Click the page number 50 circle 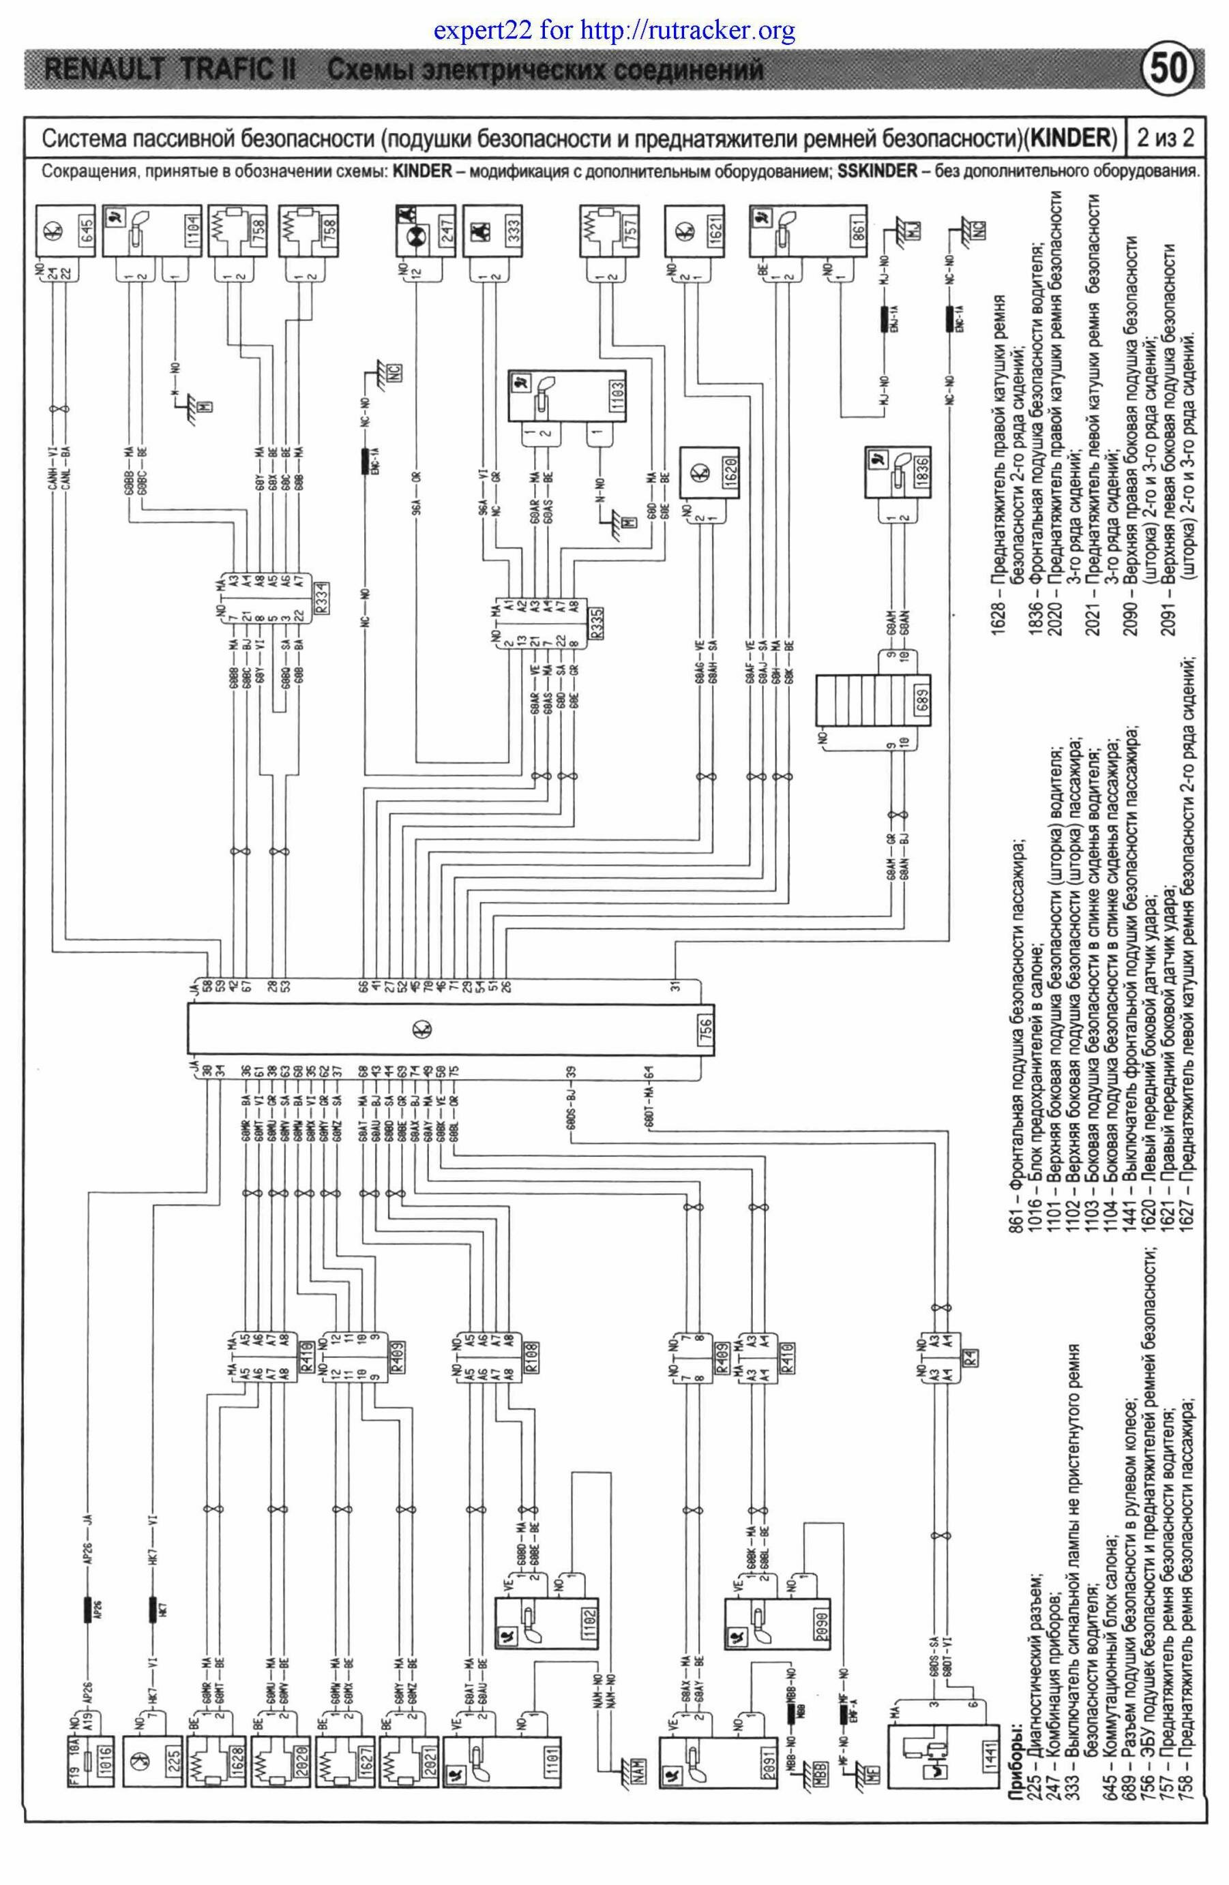click(1168, 70)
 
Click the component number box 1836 click(921, 466)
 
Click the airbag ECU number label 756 click(706, 1027)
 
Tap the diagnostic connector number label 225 click(175, 1757)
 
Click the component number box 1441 click(984, 1758)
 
